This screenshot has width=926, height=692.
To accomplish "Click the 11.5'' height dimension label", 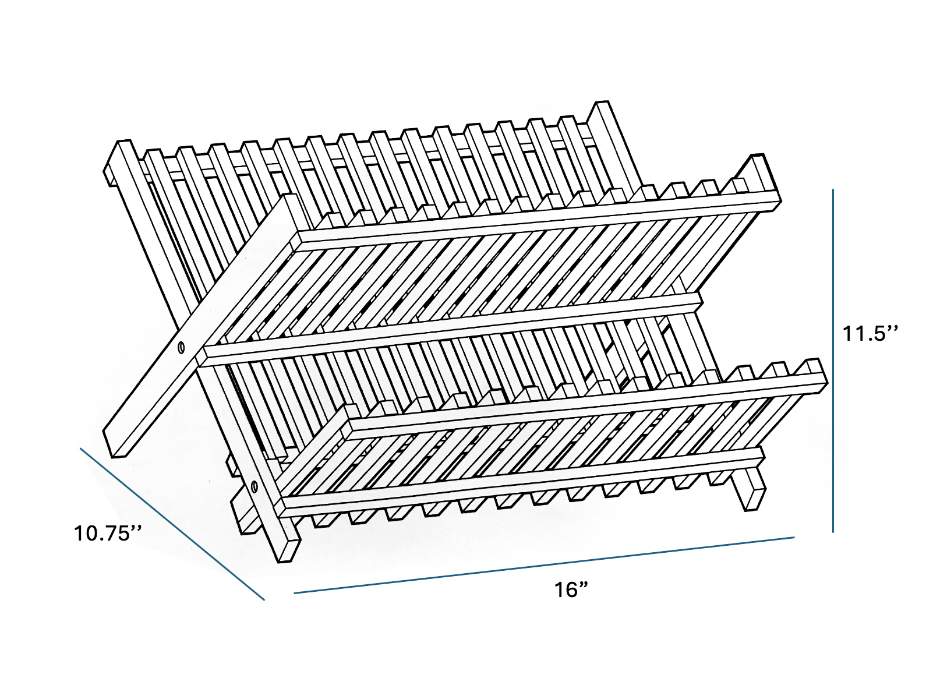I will tap(870, 334).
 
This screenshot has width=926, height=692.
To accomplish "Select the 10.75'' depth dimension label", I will tap(108, 533).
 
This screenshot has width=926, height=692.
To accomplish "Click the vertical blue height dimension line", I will tap(833, 361).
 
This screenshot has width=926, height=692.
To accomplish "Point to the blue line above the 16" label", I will tap(545, 564).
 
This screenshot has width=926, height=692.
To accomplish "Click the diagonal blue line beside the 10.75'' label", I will tap(172, 523).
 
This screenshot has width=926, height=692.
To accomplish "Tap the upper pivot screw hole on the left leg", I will tap(181, 348).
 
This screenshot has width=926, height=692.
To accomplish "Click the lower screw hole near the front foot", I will tap(254, 486).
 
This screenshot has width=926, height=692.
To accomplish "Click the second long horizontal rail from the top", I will tap(451, 326).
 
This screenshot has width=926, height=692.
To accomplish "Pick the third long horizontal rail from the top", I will tap(582, 402).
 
